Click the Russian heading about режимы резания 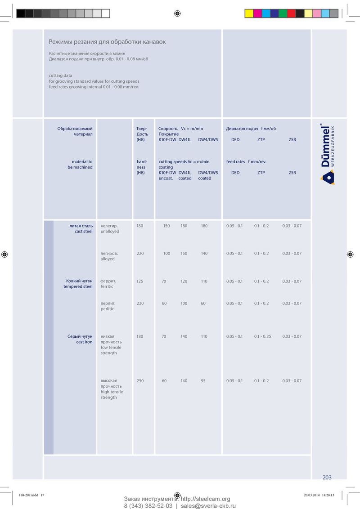tap(107, 42)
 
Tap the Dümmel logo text tap(326, 146)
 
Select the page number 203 tap(327, 477)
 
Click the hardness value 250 tap(140, 381)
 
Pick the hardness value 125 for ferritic tap(140, 281)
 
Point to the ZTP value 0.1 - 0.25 tap(262, 336)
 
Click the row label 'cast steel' tap(84, 231)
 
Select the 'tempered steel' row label tap(78, 286)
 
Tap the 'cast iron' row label tap(84, 342)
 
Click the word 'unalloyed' tap(110, 231)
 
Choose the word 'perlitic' tap(108, 309)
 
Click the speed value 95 tap(203, 381)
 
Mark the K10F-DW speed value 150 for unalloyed tap(166, 226)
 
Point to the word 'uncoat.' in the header tap(166, 178)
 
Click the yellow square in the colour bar tap(249, 13)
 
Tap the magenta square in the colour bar tap(257, 13)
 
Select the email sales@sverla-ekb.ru tap(208, 505)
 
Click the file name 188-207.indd tap(28, 495)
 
